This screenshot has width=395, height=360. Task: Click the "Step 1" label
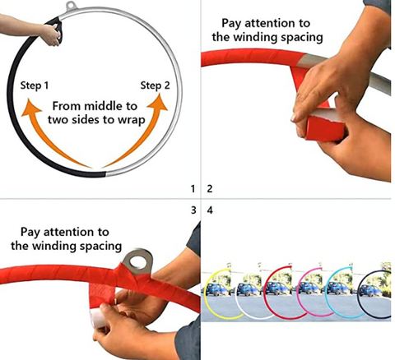click(35, 85)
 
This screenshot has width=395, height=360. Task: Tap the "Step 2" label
click(155, 85)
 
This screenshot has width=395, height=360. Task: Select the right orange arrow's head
click(158, 103)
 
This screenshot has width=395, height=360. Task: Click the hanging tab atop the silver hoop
click(71, 7)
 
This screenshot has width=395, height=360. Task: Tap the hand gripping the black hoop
click(53, 35)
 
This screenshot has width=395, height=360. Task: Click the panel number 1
click(193, 188)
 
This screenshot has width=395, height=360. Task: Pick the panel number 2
click(210, 188)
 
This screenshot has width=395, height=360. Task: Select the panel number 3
click(193, 210)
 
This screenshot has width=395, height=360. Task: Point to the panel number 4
click(210, 210)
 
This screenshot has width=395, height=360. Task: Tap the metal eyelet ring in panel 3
click(137, 261)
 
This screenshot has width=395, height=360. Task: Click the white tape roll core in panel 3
click(99, 318)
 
